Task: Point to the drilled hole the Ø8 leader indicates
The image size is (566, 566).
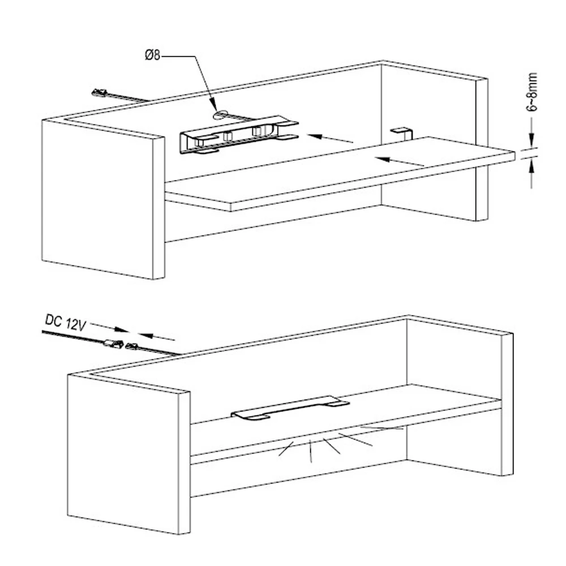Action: point(220,114)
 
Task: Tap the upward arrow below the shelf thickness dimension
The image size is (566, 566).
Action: point(531,173)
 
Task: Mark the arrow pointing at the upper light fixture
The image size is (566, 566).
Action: point(331,138)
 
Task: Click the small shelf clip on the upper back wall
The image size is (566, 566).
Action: point(402,131)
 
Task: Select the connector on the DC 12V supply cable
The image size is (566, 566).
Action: point(113,342)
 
